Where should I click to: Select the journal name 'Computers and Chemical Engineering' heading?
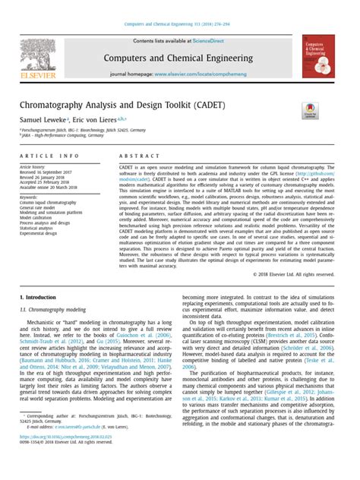click(180, 58)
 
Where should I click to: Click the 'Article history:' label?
click(36, 166)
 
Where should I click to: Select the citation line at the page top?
click(180, 8)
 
